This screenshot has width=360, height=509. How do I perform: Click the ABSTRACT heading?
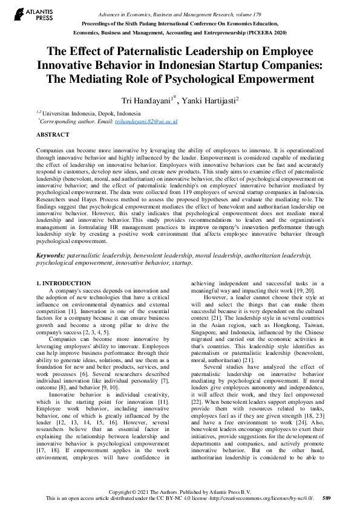(x=53, y=135)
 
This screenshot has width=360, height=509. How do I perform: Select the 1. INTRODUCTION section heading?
(x=64, y=283)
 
